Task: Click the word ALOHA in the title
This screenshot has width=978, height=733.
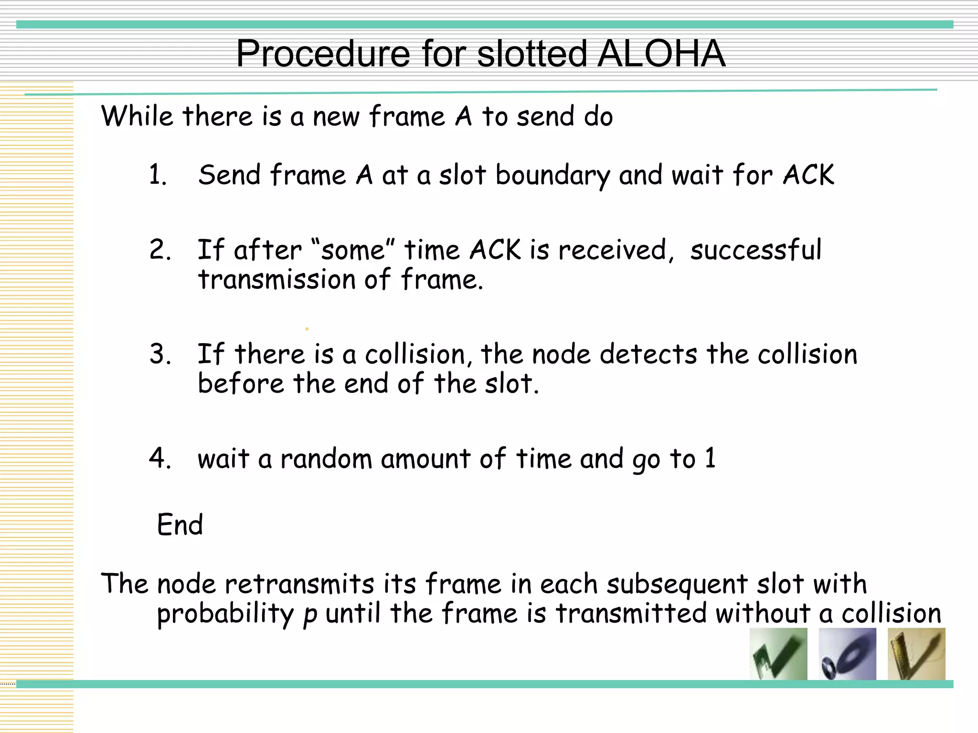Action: [x=661, y=53]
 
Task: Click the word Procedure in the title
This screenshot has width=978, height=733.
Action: [x=323, y=53]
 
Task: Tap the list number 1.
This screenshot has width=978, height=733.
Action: [x=158, y=175]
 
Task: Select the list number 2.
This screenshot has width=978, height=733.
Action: [x=160, y=250]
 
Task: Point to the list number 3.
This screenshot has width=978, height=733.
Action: [x=160, y=354]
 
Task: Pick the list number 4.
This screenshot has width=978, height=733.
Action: [x=160, y=459]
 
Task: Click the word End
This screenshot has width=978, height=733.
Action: [x=180, y=525]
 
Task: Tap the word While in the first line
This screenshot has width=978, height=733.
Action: [x=137, y=116]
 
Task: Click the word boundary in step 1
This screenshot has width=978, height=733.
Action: [x=553, y=175]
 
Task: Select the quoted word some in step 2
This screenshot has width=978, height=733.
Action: [x=352, y=250]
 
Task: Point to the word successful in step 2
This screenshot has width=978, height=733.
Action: [x=755, y=250]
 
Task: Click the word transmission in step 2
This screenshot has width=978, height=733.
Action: [x=276, y=280]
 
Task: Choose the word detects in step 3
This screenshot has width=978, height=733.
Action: [x=648, y=355]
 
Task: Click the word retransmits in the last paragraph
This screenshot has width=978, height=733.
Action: [x=299, y=584]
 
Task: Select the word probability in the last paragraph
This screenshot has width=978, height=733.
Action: [x=225, y=614]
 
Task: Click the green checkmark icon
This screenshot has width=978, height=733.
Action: [x=778, y=654]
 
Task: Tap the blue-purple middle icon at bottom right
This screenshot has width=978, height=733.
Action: [x=847, y=654]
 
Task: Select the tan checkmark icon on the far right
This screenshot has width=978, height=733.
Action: [x=916, y=654]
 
